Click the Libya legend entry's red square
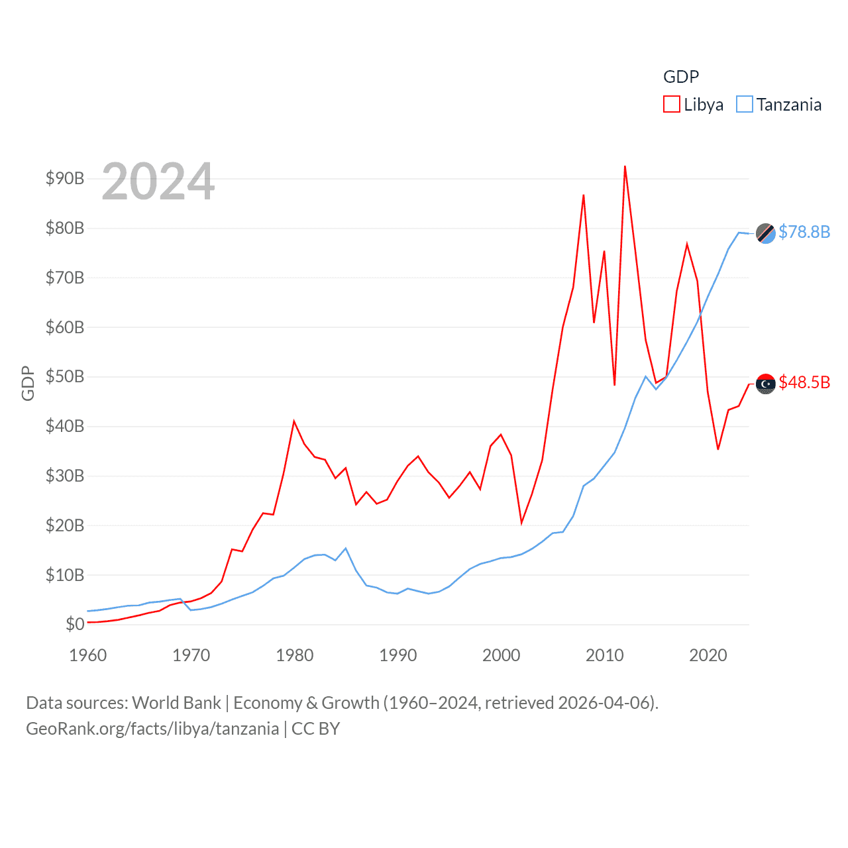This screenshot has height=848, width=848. pos(671,105)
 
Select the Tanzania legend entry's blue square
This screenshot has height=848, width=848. pos(745,105)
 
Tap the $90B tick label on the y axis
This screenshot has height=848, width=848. pos(64,178)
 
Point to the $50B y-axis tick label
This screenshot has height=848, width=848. pos(64,376)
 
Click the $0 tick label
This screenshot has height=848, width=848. pos(75,624)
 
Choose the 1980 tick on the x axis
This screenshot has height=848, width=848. pos(294,655)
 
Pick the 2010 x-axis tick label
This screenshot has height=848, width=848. pos(604,655)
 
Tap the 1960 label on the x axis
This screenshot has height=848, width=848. pos(87,655)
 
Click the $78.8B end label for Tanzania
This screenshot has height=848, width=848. pos(804,232)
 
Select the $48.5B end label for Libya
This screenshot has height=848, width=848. pos(804,382)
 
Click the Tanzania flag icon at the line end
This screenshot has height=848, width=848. pos(766,233)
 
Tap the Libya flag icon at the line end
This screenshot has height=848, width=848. pos(766,384)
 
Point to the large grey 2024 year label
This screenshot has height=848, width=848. pos(158,181)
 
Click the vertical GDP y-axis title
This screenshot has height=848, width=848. pos(28,383)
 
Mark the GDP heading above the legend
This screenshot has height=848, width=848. pos(681,77)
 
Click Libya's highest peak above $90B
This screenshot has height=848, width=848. pos(625,167)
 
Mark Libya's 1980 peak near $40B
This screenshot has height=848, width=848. pos(293,421)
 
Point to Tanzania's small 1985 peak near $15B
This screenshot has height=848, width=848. pos(345,549)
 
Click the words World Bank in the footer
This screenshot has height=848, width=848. pos(176,703)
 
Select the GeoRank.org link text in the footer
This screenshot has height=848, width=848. pos(152,729)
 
